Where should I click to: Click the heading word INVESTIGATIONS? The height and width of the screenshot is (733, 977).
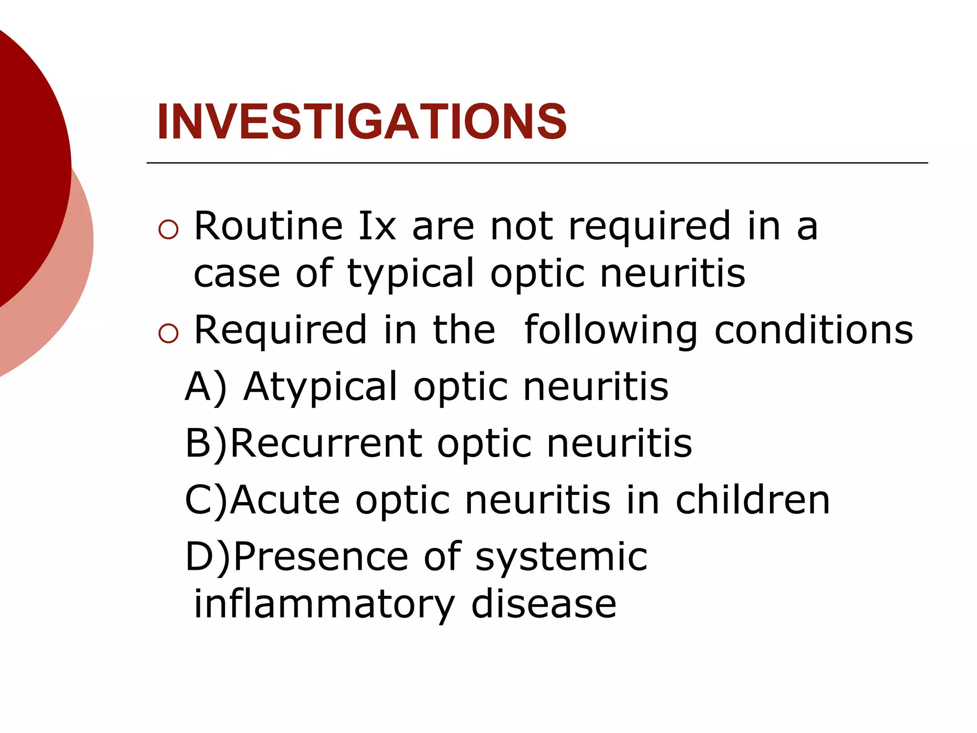pyautogui.click(x=362, y=122)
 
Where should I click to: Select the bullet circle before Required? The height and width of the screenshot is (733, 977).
pyautogui.click(x=168, y=334)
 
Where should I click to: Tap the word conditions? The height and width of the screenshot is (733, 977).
pyautogui.click(x=813, y=330)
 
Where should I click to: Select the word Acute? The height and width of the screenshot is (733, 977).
pyautogui.click(x=285, y=500)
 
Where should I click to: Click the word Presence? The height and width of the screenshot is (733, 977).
pyautogui.click(x=321, y=556)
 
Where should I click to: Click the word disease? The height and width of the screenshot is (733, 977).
pyautogui.click(x=544, y=604)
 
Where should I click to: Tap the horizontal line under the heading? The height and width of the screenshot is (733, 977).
pyautogui.click(x=537, y=163)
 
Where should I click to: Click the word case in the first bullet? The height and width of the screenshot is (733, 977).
pyautogui.click(x=237, y=274)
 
